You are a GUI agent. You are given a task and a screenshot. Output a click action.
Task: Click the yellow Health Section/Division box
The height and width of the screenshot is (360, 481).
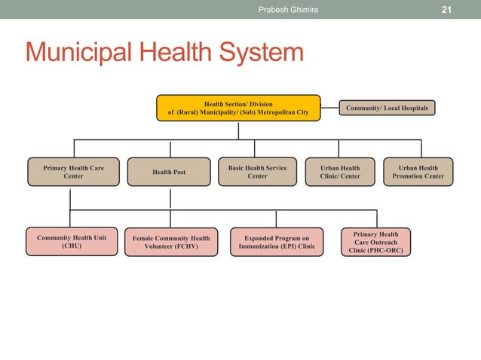pos(238,108)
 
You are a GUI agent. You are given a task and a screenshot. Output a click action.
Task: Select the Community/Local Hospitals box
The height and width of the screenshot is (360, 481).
pos(387,108)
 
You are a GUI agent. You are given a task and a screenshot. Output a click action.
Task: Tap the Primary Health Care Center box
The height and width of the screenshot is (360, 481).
pos(73,172)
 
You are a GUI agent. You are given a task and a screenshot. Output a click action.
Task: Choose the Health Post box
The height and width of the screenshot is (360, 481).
pos(169,172)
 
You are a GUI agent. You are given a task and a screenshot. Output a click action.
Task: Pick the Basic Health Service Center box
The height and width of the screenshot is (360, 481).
pos(257,172)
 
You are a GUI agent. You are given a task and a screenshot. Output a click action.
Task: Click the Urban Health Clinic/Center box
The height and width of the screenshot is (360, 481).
pos(340,172)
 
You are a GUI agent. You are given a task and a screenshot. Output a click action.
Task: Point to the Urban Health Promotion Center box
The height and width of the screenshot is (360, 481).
pos(418,172)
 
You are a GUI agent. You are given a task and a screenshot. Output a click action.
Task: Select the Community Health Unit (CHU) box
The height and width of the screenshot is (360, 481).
pos(72,241)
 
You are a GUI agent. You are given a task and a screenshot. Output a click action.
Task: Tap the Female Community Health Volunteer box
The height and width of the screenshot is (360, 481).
pos(171,242)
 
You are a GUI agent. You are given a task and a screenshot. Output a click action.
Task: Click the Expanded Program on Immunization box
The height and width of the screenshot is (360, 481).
pos(277,242)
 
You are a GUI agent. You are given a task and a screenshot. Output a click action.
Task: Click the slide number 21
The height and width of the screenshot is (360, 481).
pos(446,9)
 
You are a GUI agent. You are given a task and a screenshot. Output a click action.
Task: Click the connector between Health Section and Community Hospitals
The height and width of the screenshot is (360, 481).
pos(328,108)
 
